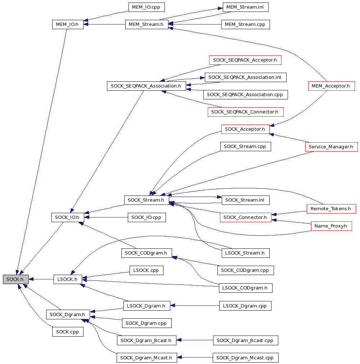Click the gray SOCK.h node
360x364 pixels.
click(16, 279)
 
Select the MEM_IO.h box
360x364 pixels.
click(68, 24)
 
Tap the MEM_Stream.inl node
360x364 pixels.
click(246, 7)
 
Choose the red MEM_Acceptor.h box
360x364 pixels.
click(332, 86)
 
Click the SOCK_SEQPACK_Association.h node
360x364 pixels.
click(147, 86)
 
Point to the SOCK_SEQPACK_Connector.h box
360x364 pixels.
click(246, 112)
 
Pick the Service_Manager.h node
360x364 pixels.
click(332, 147)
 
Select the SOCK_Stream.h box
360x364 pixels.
click(147, 200)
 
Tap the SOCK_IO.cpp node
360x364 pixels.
click(147, 217)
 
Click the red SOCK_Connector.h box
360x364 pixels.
click(246, 217)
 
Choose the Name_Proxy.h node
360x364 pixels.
click(332, 226)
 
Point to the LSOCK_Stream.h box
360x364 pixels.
click(246, 253)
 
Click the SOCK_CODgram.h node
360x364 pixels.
click(147, 253)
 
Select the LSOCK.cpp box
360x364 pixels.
click(147, 270)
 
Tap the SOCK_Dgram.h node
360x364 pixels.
click(68, 314)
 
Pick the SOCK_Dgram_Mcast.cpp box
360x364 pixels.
click(246, 358)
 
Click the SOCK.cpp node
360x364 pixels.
click(68, 332)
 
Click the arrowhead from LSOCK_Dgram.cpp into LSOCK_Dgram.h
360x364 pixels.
click(172, 306)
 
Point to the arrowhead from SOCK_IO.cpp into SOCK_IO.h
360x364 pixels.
click(86, 217)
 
